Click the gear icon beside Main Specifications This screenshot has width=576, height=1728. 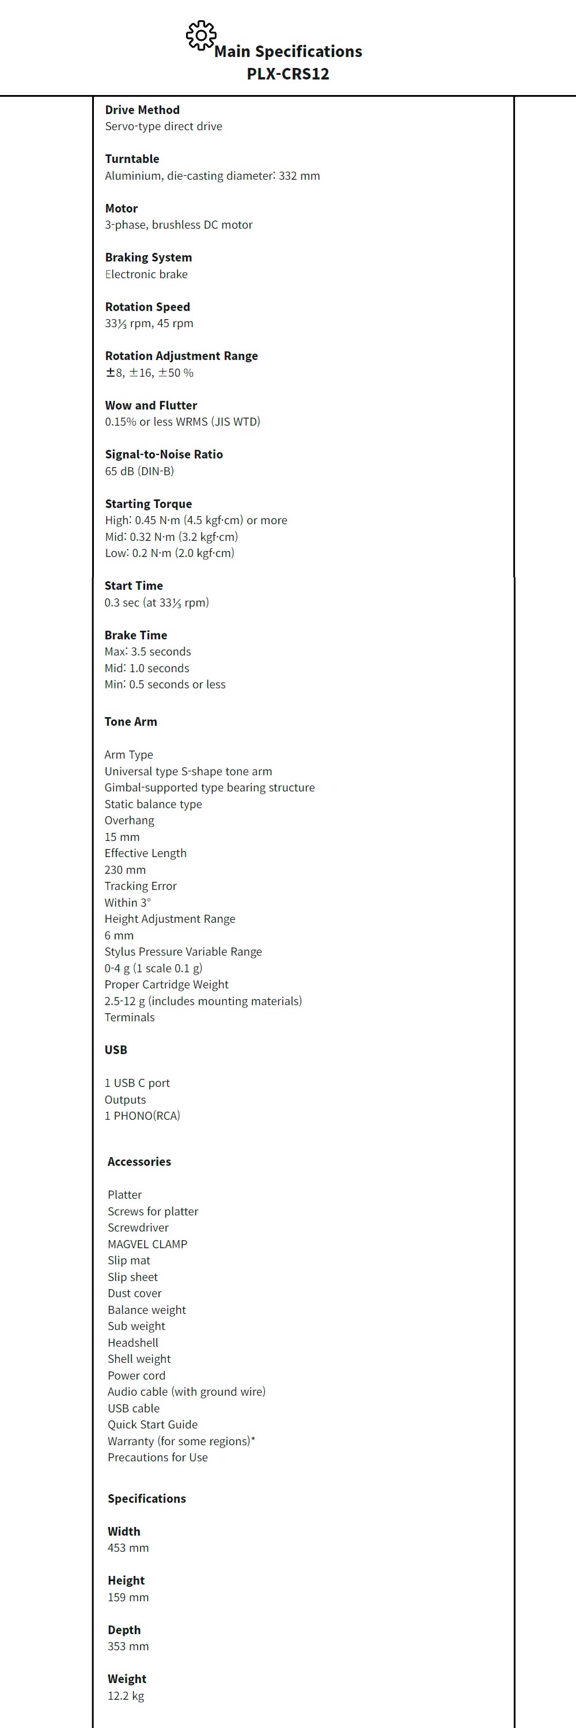pos(200,36)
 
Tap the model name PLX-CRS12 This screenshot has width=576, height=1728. pos(287,74)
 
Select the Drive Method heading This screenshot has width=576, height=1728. pos(142,110)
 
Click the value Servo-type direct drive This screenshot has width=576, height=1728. pos(163,126)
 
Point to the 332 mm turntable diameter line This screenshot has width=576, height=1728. pos(212,176)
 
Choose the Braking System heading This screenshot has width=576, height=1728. pos(148,257)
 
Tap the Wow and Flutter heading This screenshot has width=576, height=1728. pos(151,405)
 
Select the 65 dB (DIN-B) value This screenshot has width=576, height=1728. pos(139,471)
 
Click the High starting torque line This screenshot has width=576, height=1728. pos(196,520)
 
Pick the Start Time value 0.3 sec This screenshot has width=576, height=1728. pos(156,602)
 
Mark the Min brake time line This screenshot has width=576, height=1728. pos(164,684)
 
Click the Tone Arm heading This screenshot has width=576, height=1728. pos(131,722)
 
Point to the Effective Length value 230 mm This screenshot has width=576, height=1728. pos(125,869)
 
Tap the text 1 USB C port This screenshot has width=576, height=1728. pos(137,1083)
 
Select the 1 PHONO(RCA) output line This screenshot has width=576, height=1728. pos(142,1116)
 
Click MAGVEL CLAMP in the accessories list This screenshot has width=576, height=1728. pos(147,1244)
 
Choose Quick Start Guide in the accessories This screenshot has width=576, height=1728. pos(152,1424)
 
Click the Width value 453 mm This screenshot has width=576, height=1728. pos(128,1548)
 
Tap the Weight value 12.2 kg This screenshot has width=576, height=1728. pos(126,1695)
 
